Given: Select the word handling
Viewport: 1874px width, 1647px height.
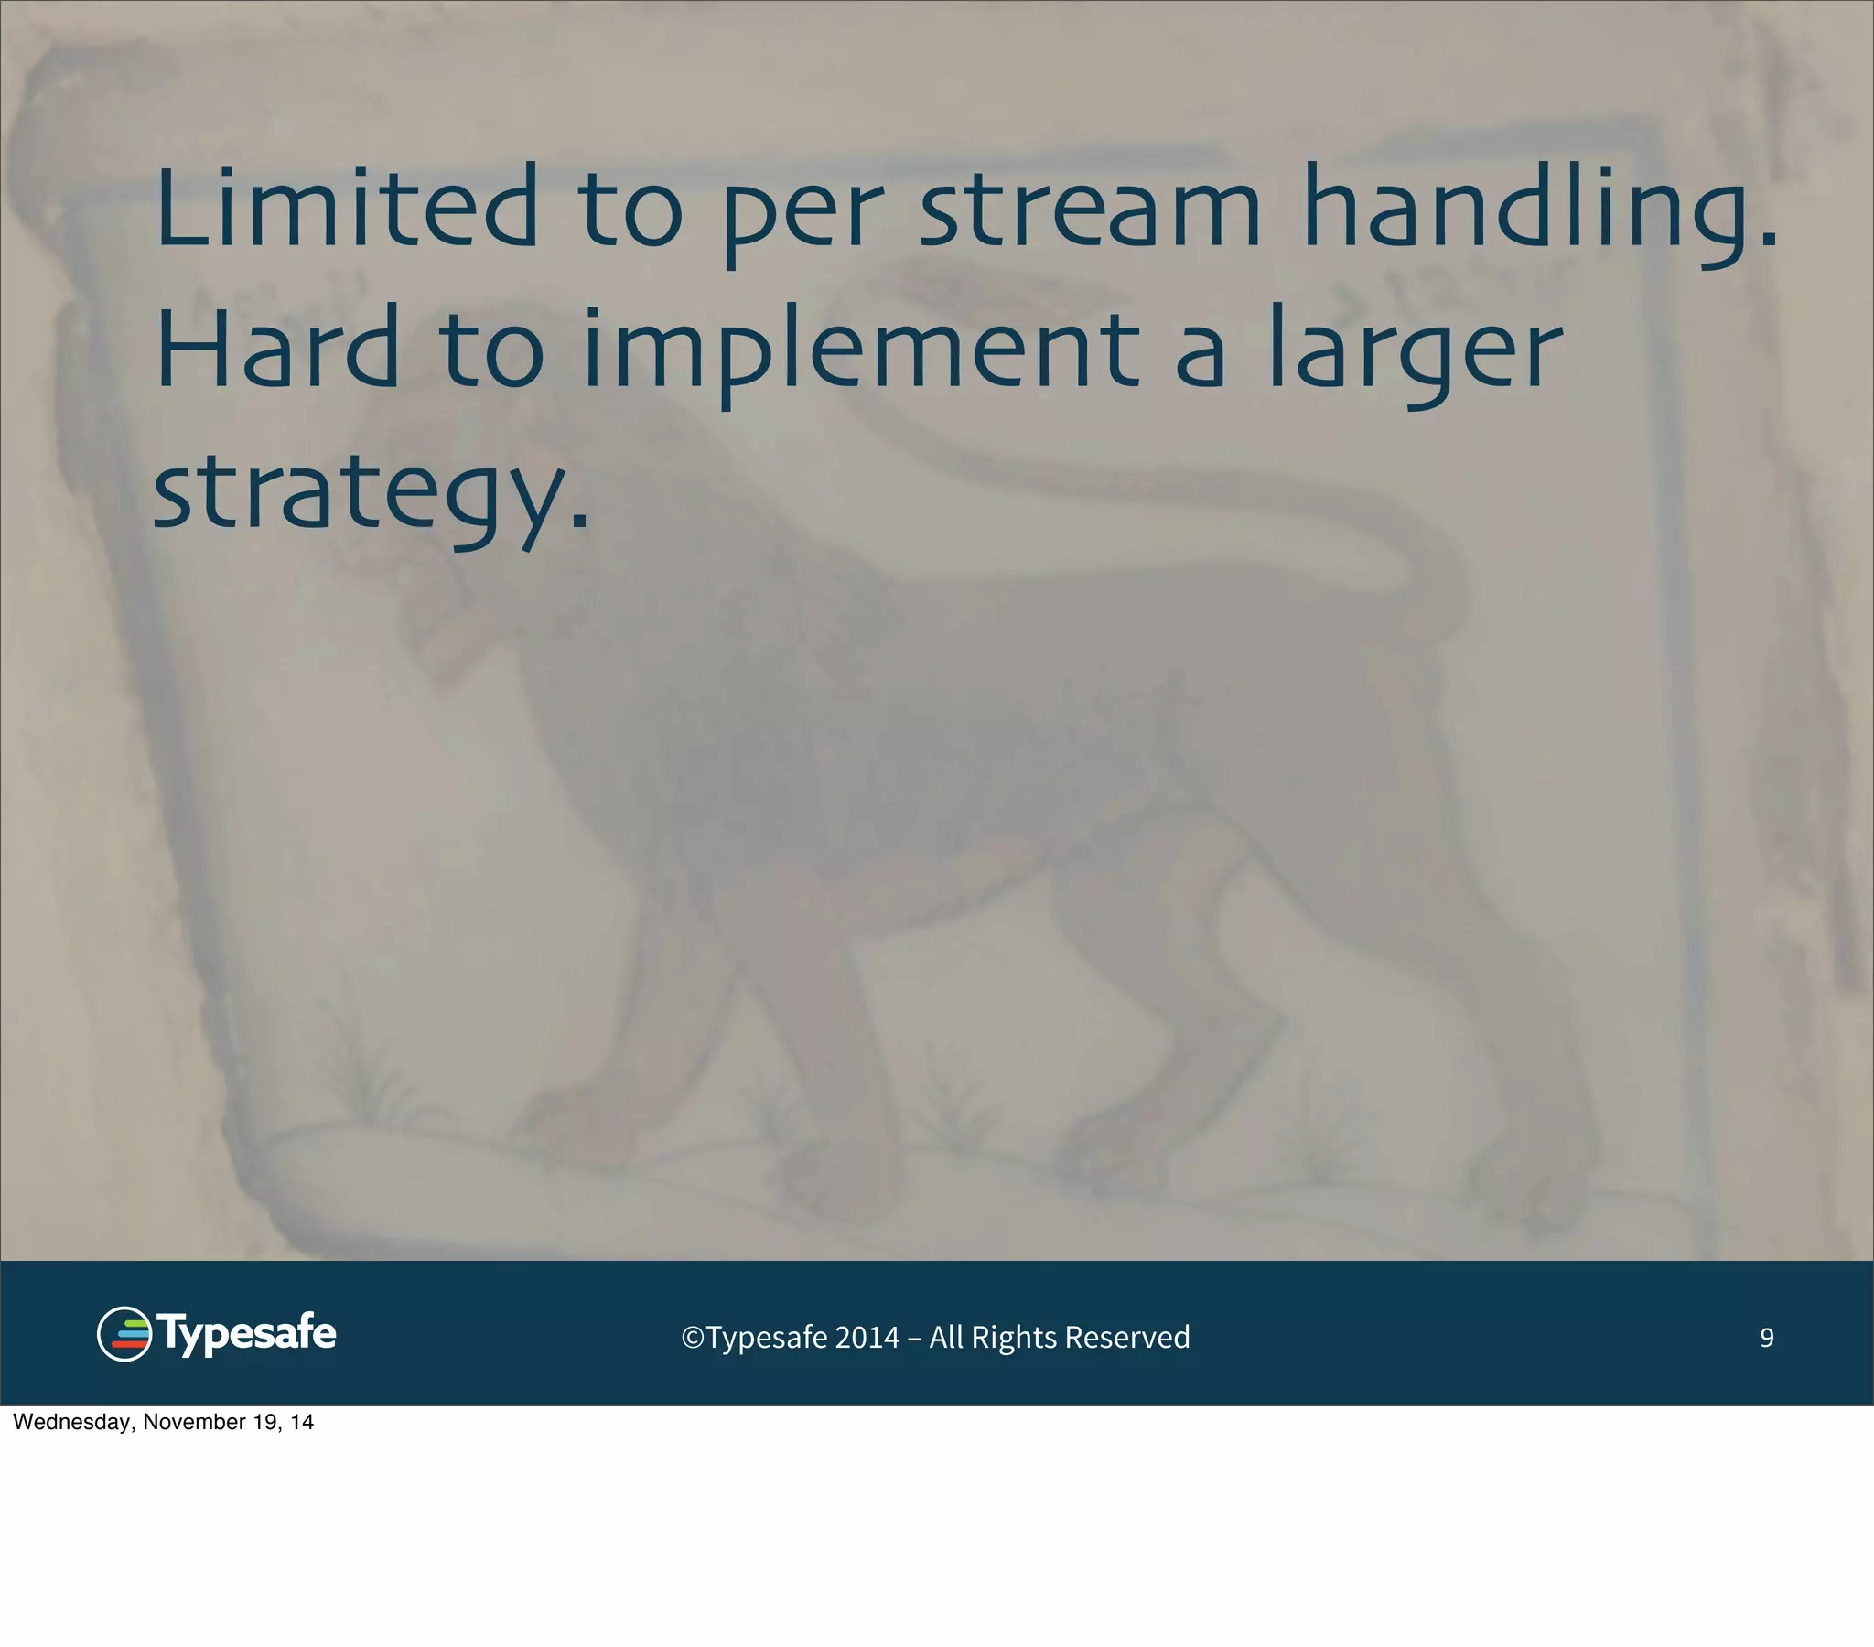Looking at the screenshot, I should coord(1540,210).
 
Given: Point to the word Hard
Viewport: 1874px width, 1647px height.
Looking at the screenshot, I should coord(278,349).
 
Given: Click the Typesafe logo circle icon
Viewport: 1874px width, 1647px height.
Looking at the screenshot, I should coord(124,1334).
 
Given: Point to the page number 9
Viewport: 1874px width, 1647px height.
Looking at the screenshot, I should coord(1767,1338).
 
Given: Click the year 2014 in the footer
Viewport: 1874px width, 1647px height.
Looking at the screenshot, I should coord(867,1338).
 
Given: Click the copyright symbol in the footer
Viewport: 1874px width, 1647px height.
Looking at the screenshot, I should coord(692,1338).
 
